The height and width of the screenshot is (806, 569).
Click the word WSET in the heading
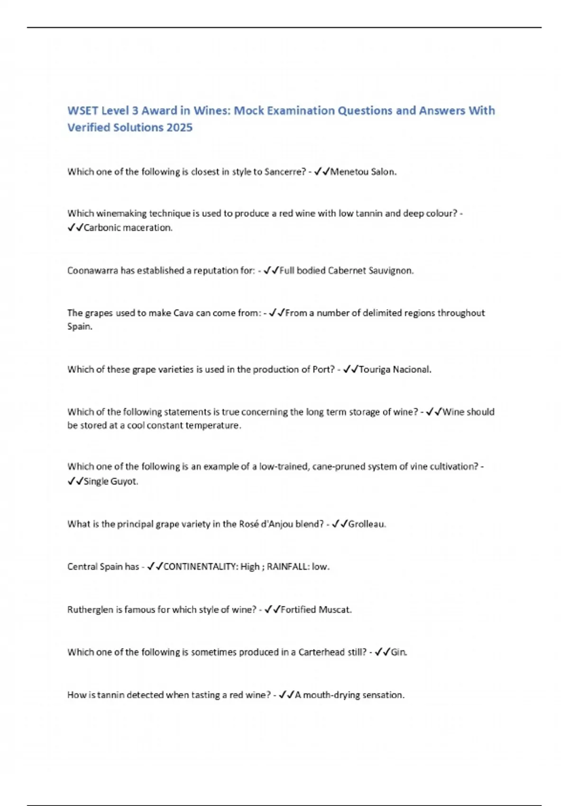coord(83,110)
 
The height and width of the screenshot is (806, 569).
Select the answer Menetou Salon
coord(363,172)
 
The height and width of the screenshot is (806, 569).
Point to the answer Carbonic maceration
coord(128,228)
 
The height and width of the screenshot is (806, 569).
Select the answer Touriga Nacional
coord(395,369)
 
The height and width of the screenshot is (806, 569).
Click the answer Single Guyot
coord(110,481)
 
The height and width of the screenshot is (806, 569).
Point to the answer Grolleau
coord(367,524)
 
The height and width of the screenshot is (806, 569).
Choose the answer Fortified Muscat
coord(316,610)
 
